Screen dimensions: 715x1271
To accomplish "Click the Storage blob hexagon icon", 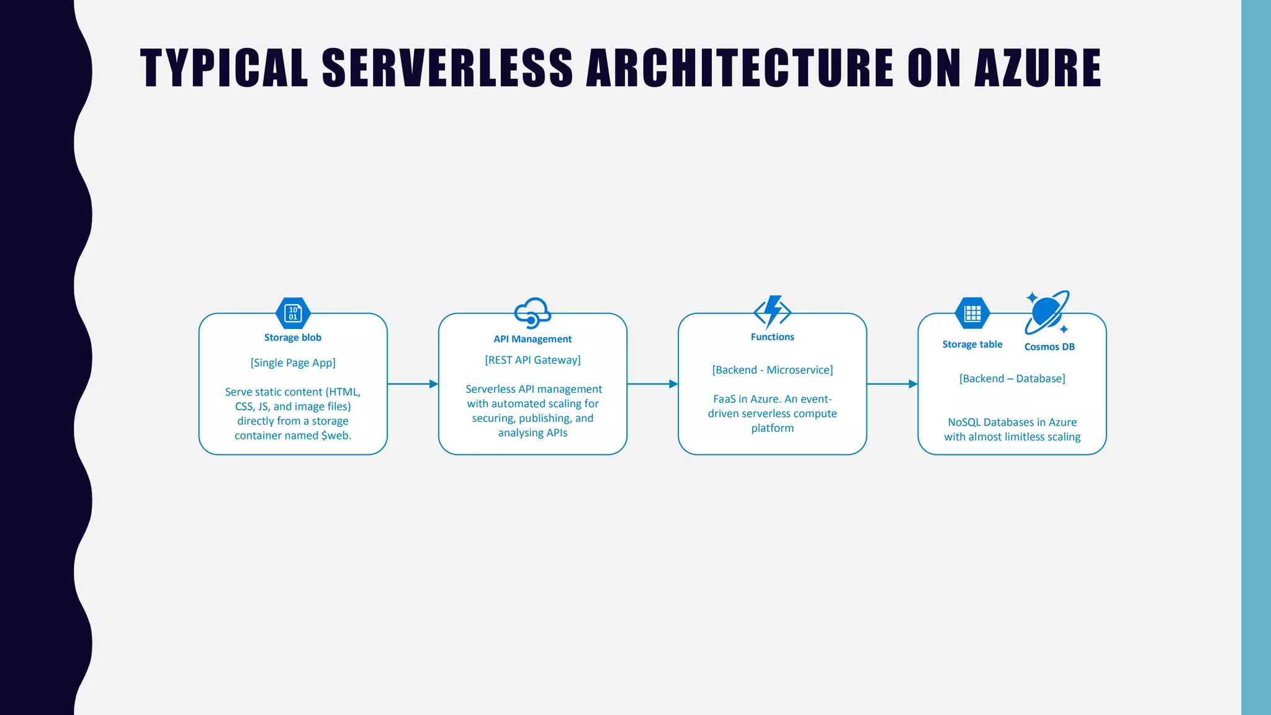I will [293, 313].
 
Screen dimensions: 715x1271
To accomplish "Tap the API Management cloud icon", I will [532, 313].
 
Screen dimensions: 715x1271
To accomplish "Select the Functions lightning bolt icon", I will [772, 312].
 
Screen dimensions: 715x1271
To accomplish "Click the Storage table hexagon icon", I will [972, 313].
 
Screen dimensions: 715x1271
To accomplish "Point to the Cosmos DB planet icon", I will [1047, 312].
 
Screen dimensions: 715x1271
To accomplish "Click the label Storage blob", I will [293, 338].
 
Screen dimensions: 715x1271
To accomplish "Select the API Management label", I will [532, 339].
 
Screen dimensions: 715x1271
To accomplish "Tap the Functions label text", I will [772, 337].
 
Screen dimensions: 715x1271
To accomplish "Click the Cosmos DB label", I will [1049, 347].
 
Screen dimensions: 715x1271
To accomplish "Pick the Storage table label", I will [972, 344].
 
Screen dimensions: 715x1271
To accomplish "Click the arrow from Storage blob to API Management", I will [413, 384].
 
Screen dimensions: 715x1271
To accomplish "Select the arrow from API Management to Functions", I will [652, 384].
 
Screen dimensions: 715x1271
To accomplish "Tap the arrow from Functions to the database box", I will [892, 384].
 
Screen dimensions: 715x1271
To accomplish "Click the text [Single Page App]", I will [293, 363].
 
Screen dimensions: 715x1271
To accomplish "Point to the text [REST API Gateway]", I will [532, 360].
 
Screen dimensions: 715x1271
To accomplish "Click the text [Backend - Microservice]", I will [772, 370].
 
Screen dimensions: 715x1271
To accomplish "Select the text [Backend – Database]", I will [1012, 379].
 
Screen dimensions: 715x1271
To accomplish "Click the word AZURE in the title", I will [1038, 68].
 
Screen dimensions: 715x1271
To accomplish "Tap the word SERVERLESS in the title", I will [447, 68].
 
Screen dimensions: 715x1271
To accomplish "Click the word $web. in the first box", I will [336, 436].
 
